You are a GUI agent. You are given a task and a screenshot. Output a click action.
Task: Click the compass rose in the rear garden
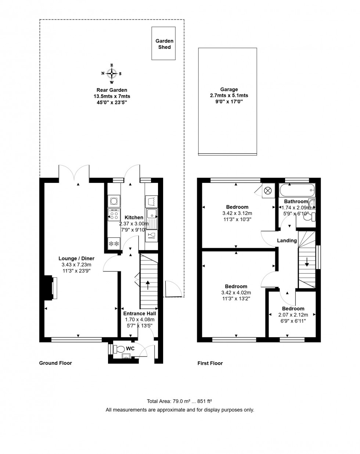[x=112, y=74]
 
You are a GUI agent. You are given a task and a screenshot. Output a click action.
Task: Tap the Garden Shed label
[x=164, y=44]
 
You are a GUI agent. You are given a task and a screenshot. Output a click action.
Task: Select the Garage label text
[x=229, y=89]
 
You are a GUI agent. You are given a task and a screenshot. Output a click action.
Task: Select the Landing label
[x=287, y=241]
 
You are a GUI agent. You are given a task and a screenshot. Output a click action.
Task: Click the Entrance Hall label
[x=139, y=313]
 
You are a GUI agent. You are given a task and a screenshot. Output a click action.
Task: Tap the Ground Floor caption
[x=55, y=363]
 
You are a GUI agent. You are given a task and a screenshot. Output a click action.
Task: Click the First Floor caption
[x=210, y=363]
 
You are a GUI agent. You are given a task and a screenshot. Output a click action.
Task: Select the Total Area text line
[x=180, y=401]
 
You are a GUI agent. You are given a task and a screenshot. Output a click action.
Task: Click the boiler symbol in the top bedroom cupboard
[x=268, y=191]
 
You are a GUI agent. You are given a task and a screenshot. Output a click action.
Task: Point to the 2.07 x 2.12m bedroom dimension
[x=293, y=315]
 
